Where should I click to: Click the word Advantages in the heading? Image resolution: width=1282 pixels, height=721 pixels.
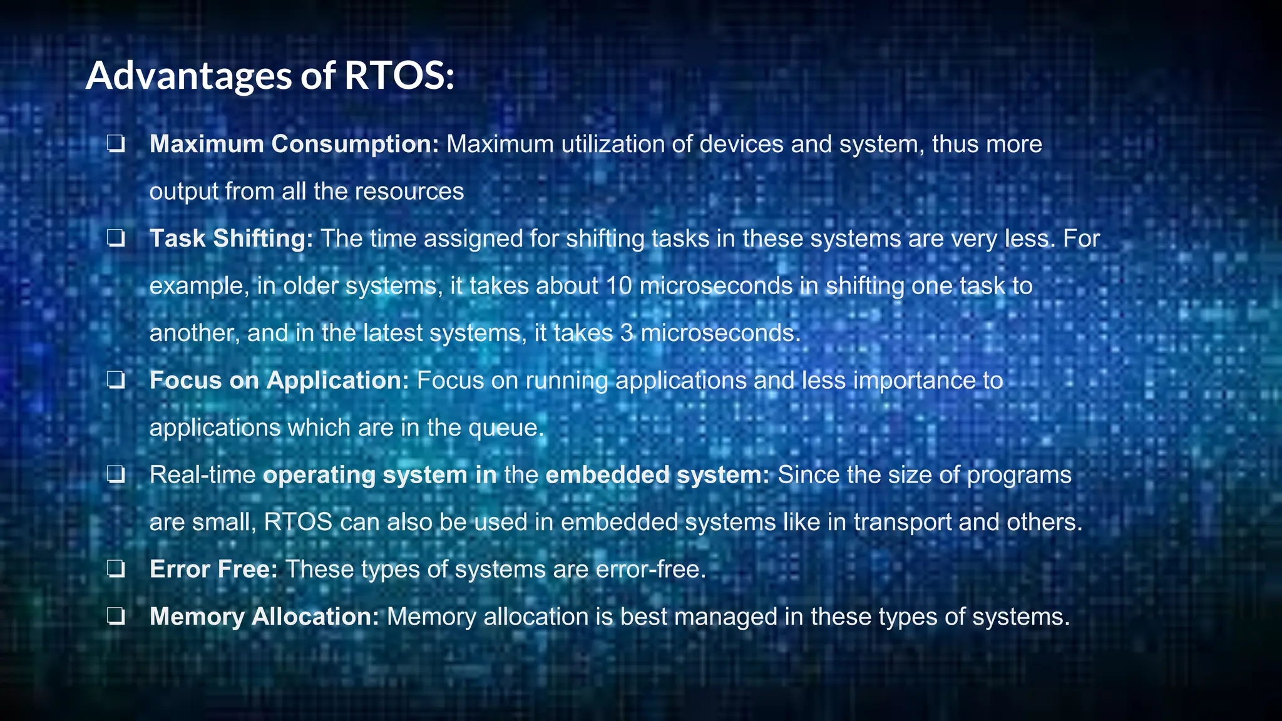coord(188,76)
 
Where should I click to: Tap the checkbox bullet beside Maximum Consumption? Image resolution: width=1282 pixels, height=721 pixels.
coord(116,145)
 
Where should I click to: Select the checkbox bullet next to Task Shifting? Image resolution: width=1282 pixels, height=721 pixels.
coord(116,238)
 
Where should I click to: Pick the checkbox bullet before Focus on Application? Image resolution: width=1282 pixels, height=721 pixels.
coord(116,381)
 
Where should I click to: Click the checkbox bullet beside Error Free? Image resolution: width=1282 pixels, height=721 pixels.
coord(116,570)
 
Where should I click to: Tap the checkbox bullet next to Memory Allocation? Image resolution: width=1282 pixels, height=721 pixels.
coord(116,617)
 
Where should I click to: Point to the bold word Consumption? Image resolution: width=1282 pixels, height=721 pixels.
coord(355,145)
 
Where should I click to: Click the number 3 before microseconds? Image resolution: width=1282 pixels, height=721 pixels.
coord(627,333)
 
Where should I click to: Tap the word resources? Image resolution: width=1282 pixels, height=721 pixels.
coord(409,192)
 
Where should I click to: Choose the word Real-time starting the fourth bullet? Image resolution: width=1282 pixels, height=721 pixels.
coord(202,475)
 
